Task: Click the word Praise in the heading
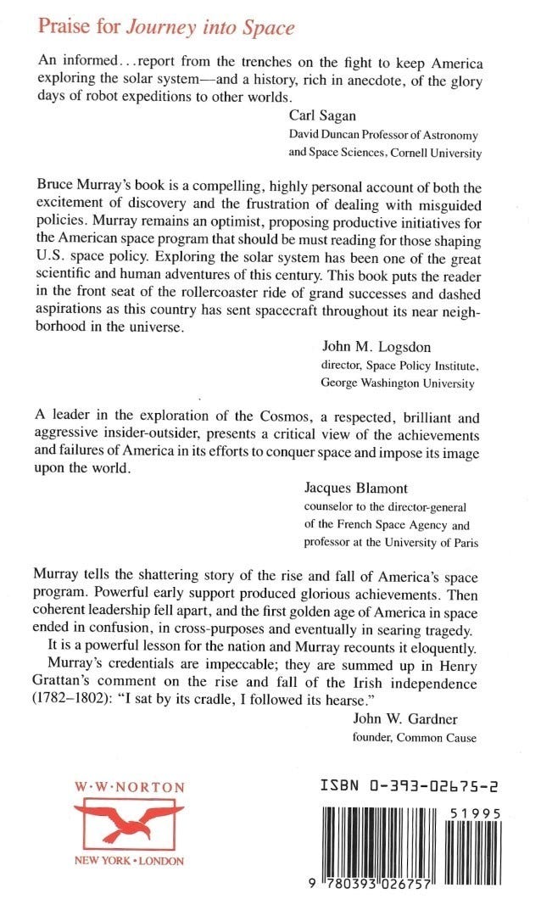click(64, 27)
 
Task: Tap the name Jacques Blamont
click(355, 489)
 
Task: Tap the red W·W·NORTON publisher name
click(128, 787)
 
